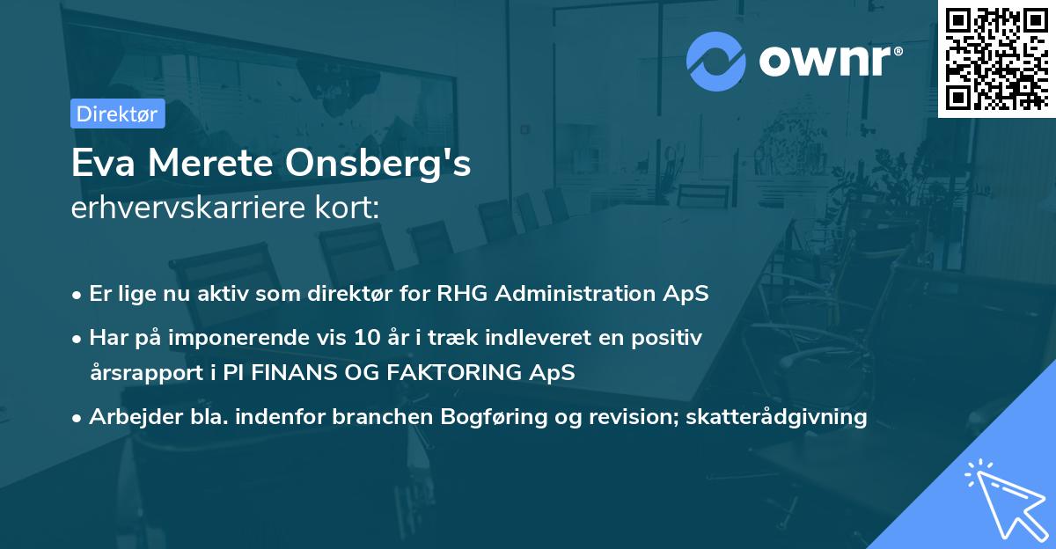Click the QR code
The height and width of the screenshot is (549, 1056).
tap(997, 58)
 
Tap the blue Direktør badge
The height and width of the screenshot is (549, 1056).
tap(117, 113)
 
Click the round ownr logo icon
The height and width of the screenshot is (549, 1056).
tap(716, 62)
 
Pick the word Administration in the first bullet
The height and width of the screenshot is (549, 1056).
tap(581, 294)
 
